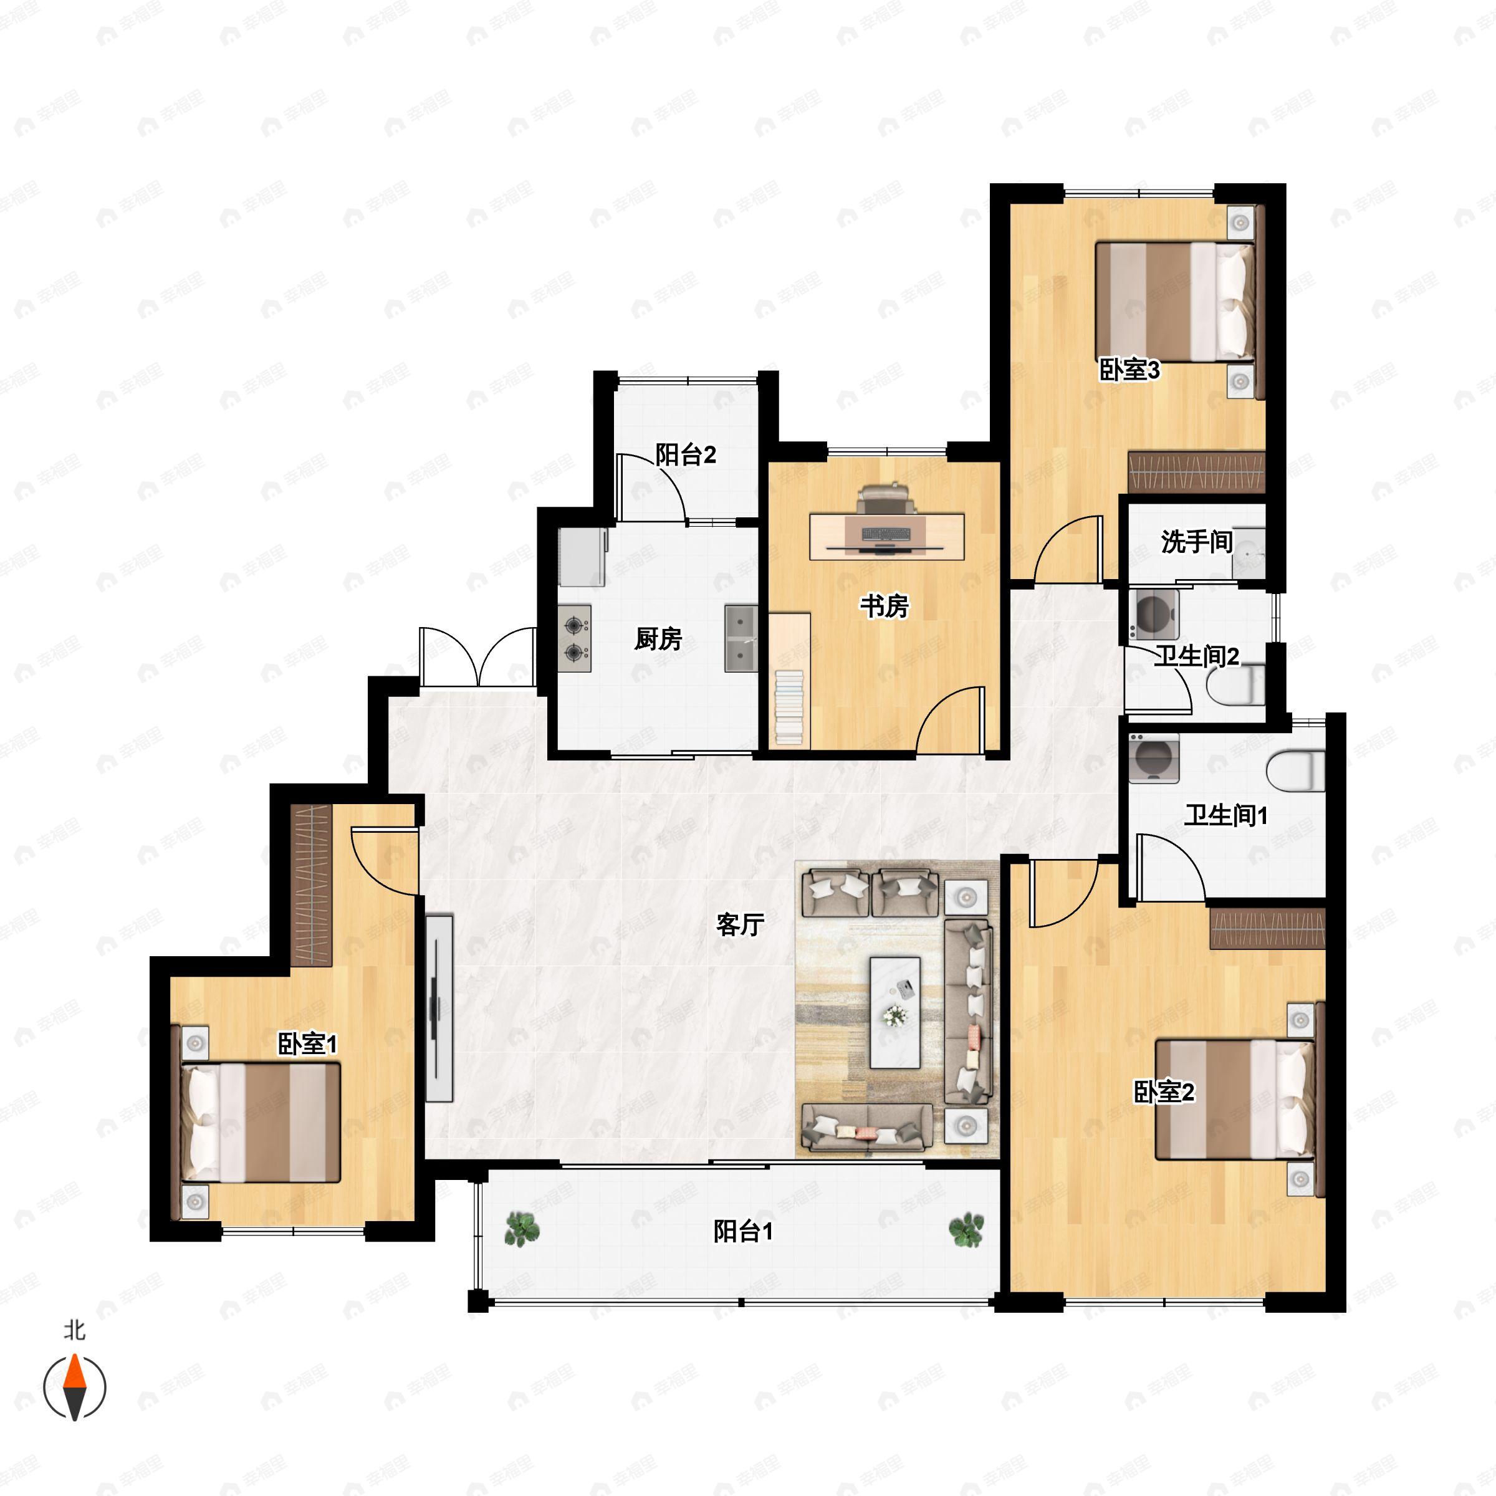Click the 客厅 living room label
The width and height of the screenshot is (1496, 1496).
[741, 924]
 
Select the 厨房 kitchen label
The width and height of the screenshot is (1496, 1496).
[658, 639]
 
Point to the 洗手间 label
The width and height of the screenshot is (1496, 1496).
[1196, 542]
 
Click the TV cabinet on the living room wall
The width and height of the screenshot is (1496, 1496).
[439, 1008]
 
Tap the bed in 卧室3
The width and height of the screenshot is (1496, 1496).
[1174, 301]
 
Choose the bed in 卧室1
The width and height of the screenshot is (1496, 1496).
[261, 1122]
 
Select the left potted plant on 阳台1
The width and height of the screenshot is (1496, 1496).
[522, 1230]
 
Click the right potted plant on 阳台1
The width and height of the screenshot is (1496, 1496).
[966, 1230]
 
